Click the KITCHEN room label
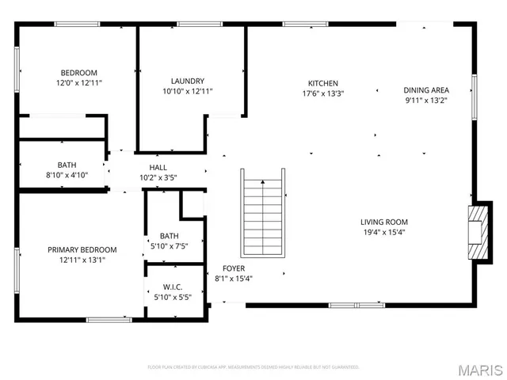[x=323, y=83]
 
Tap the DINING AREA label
[x=427, y=90]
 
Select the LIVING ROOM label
[x=383, y=222]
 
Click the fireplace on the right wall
[x=478, y=231]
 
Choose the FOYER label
[x=233, y=268]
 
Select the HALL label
[x=158, y=168]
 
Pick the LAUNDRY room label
[x=188, y=81]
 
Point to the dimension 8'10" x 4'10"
[x=67, y=175]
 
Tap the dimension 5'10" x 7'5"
[x=170, y=246]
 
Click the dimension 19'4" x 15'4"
[x=383, y=232]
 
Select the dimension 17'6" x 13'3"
[x=323, y=93]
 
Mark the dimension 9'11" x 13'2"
[x=427, y=101]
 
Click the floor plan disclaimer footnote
[x=253, y=367]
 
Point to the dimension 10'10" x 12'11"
[x=188, y=91]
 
